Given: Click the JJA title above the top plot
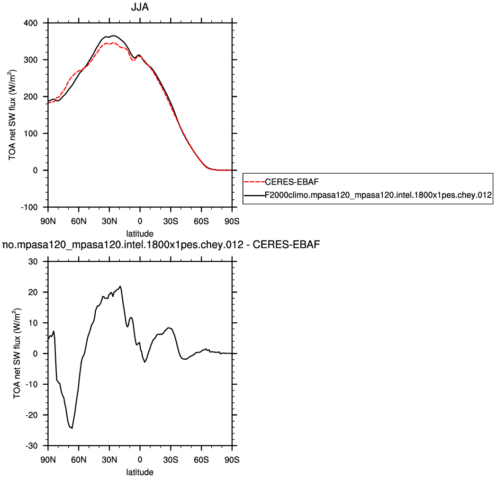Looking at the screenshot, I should pyautogui.click(x=140, y=8).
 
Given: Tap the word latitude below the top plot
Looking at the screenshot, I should pyautogui.click(x=140, y=233).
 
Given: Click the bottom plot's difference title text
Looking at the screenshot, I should pyautogui.click(x=161, y=245).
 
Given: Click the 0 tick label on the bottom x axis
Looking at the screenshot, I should pyautogui.click(x=140, y=459).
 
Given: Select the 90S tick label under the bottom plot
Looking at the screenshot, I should pyautogui.click(x=232, y=459).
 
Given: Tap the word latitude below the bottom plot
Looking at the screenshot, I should pyautogui.click(x=140, y=472).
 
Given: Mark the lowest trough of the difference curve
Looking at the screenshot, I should pyautogui.click(x=72, y=428).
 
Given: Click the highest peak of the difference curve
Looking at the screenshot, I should pyautogui.click(x=120, y=286).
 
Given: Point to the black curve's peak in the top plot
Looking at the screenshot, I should pyautogui.click(x=114, y=35).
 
